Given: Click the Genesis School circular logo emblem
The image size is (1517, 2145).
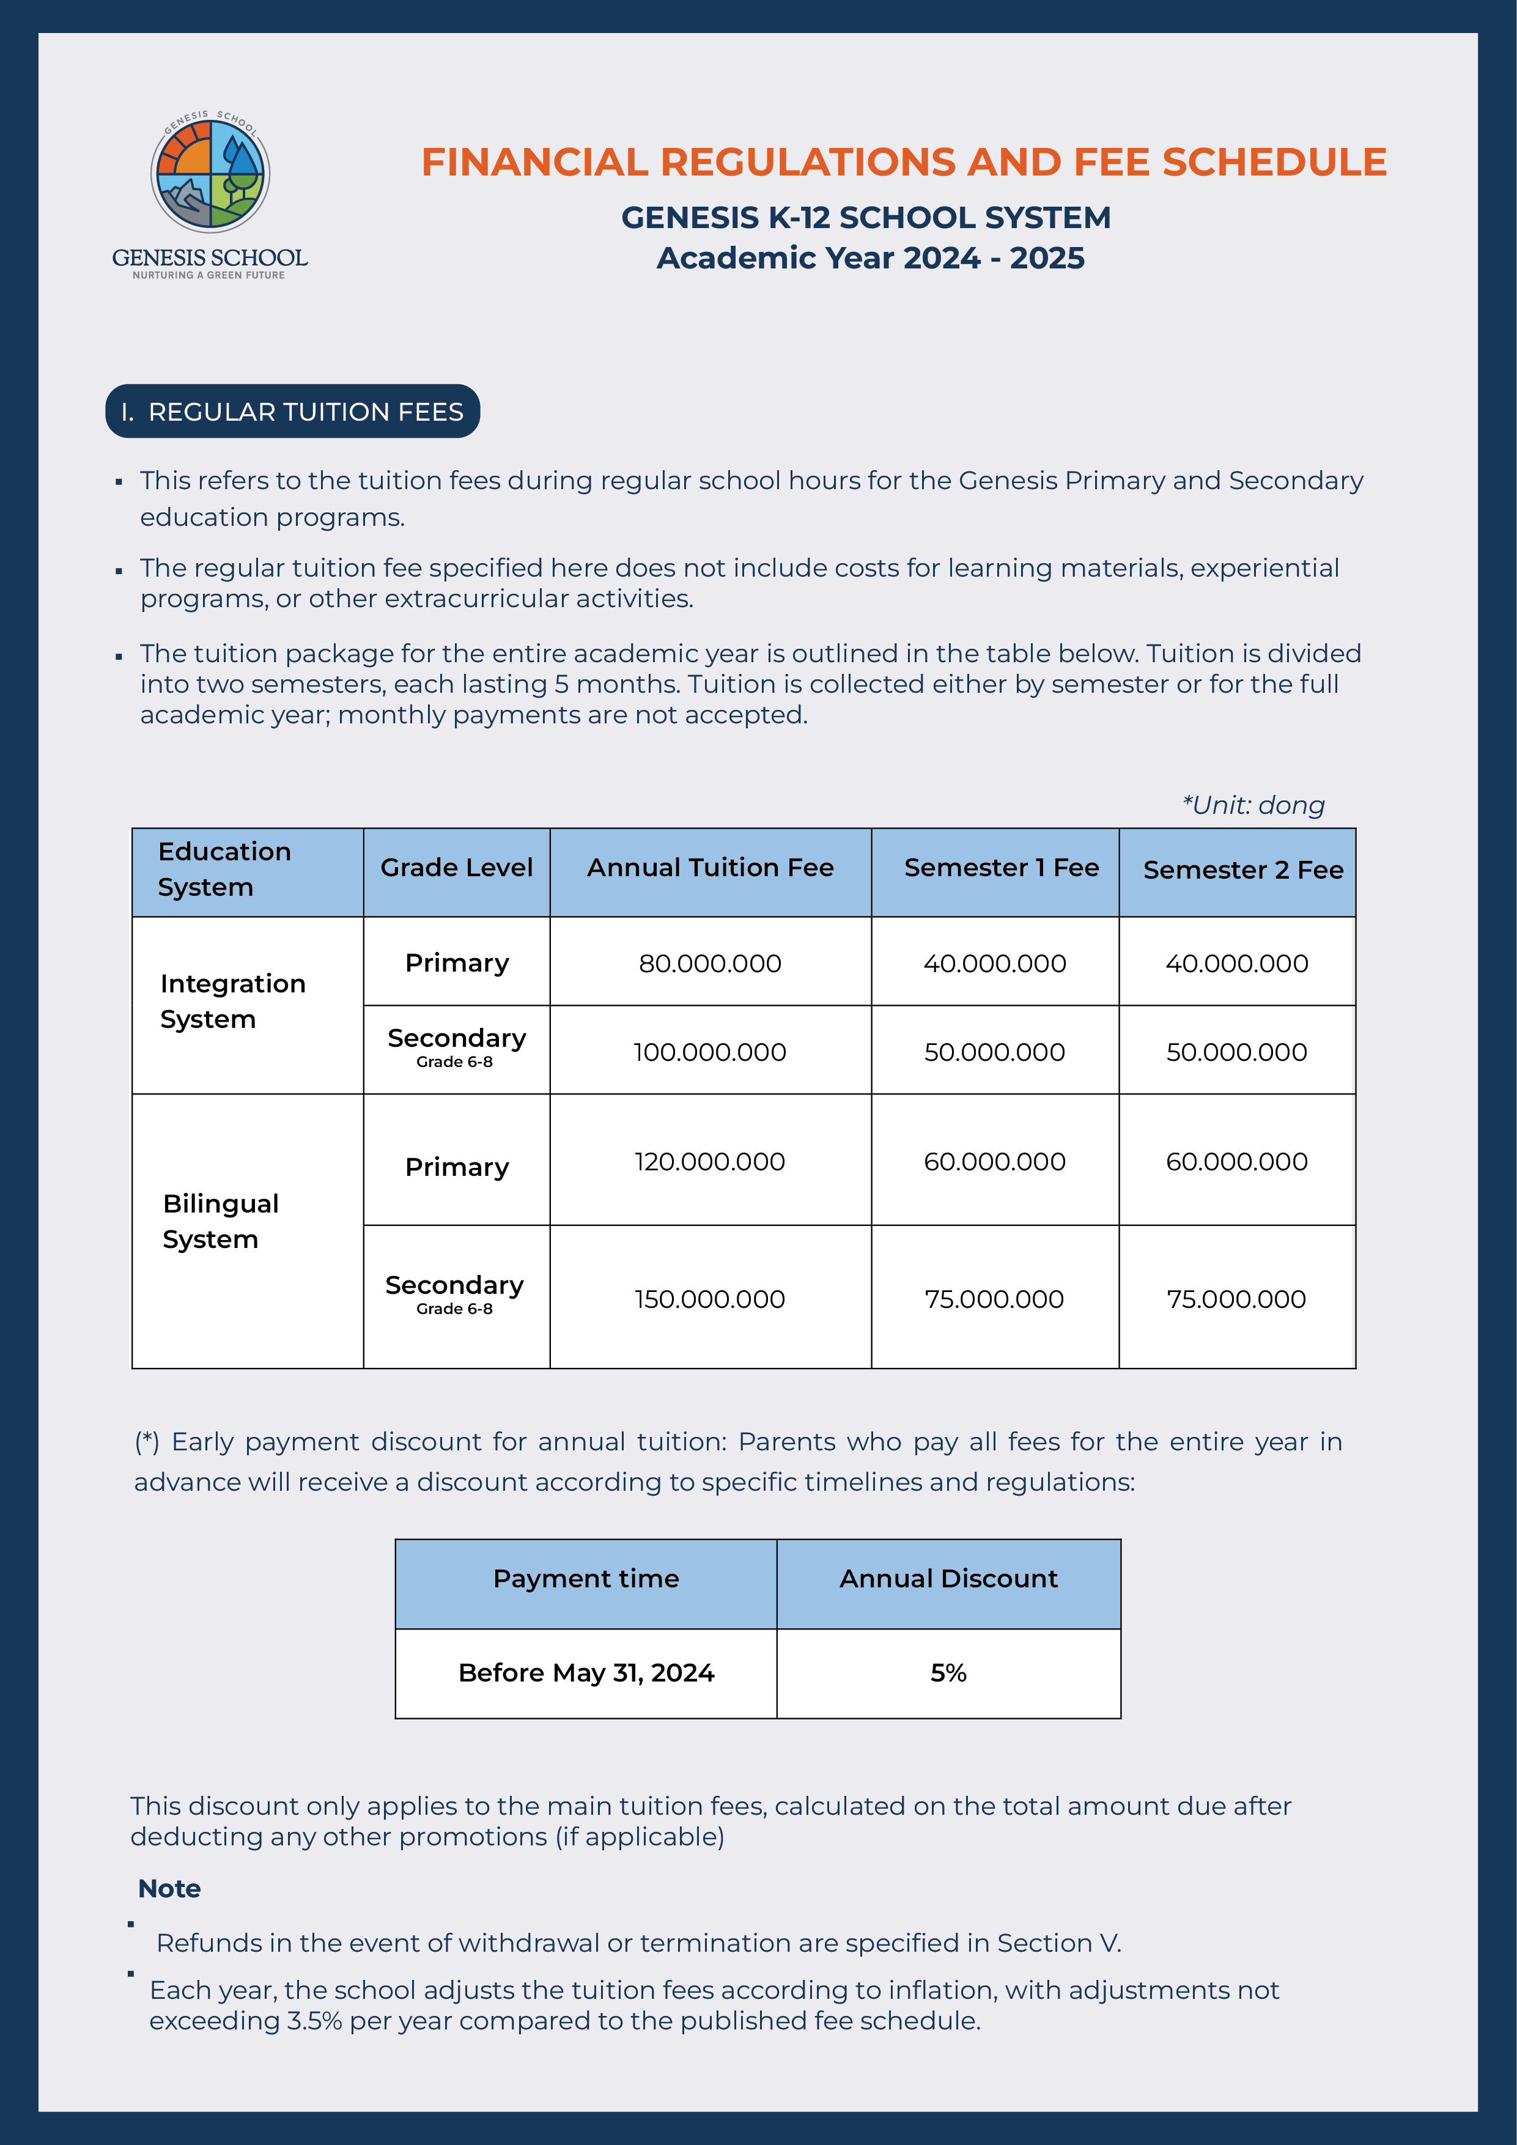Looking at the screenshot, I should pos(210,174).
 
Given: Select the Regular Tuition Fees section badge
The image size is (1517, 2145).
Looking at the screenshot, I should pos(292,411).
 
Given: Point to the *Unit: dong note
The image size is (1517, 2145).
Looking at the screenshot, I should pos(1253,805).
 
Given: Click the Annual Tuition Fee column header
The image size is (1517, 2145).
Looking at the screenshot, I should pos(710,868).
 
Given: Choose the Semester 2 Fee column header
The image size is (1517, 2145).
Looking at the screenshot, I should pos(1242,869).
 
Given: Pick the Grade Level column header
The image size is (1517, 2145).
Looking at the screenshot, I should pos(456,868).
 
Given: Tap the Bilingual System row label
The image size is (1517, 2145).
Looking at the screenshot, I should pos(221,1221).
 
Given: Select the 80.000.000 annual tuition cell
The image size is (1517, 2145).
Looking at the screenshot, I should pos(710,963).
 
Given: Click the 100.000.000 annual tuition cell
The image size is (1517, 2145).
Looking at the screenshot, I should pos(710,1052).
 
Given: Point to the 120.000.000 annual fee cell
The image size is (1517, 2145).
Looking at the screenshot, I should pos(710,1161).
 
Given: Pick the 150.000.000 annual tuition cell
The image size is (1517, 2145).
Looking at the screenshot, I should pos(710,1299).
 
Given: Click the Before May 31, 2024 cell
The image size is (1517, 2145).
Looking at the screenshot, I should pos(586,1672).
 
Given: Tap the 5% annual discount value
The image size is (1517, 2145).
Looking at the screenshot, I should pos(948,1672).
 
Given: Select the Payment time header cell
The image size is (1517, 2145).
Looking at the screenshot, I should pos(586,1578).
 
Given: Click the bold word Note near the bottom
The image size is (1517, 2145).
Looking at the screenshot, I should pos(169,1888).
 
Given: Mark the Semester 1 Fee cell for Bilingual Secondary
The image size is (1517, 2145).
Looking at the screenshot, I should pos(994,1299).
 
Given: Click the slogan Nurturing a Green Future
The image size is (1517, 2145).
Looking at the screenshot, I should pos(209,276).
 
